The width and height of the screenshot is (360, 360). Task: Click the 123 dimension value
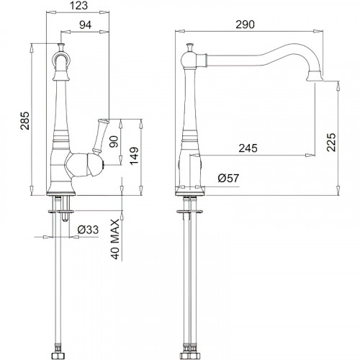coord(79,6)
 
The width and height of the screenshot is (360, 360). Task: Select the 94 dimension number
coord(86,24)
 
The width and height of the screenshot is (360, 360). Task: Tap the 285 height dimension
coord(24,120)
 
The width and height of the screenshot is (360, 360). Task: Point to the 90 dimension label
coord(114,142)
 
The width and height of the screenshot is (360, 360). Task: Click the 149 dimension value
coord(134,156)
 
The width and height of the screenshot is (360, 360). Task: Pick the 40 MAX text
coord(115,239)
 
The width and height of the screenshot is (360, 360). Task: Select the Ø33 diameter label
coord(88,230)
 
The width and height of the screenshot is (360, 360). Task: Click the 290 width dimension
coord(245,24)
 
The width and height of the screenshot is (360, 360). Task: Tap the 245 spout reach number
coord(248,148)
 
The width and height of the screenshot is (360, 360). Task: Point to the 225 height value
coord(331,142)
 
